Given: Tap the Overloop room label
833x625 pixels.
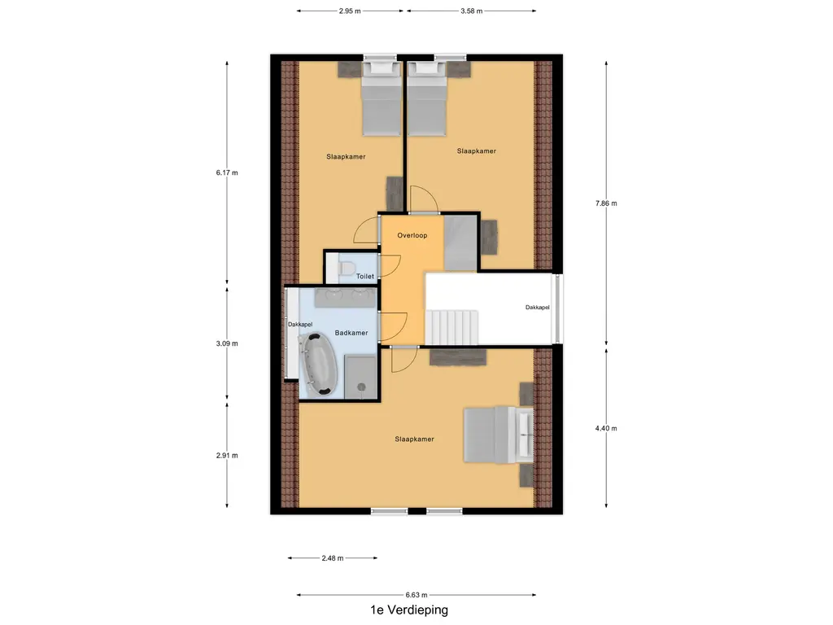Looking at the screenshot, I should (412, 235).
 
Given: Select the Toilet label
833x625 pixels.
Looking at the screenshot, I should (365, 277).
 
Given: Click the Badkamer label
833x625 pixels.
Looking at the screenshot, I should (351, 333).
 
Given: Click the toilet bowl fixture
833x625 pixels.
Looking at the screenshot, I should (345, 268).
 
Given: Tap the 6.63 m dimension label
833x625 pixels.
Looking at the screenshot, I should (416, 595).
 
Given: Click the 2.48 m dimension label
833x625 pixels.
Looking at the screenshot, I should (332, 558).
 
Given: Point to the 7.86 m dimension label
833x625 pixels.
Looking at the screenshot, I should (607, 203).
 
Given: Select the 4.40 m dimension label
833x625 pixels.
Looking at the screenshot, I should (607, 429).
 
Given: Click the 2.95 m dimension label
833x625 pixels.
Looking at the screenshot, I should (350, 11).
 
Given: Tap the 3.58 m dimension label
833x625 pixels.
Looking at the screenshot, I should (471, 11).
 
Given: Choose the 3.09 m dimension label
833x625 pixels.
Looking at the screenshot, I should (227, 343).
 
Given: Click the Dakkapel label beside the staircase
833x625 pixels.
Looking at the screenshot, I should (537, 308).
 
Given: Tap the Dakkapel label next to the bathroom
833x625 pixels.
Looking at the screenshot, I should (300, 325).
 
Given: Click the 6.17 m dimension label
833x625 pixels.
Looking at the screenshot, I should (227, 173).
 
